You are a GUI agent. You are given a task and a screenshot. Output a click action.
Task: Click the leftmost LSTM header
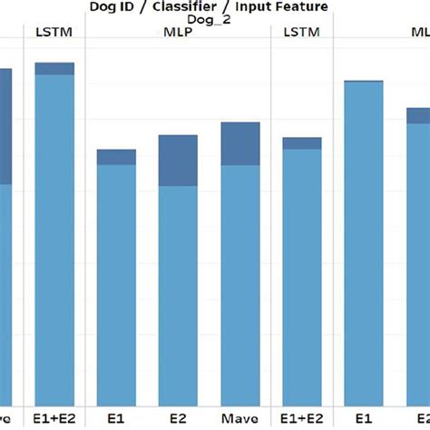pos(54,33)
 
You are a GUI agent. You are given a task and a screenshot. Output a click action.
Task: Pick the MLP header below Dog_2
pos(178,33)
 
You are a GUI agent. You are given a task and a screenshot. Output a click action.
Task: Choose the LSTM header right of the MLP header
pos(301,33)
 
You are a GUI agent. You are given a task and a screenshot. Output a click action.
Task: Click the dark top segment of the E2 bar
pos(178,161)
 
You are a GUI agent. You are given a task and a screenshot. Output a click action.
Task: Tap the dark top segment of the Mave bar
pos(240,143)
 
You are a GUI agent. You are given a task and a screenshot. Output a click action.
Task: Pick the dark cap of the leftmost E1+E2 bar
pos(54,69)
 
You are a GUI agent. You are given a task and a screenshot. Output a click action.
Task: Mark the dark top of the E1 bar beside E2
pos(116,157)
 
